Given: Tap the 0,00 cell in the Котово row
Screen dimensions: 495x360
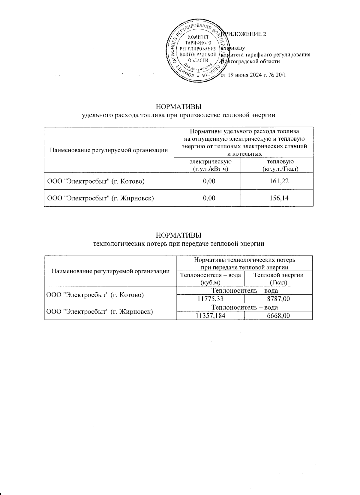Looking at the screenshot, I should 207,181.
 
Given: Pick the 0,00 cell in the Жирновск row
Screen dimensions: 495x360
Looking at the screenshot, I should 207,198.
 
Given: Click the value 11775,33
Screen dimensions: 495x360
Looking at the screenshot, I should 211,298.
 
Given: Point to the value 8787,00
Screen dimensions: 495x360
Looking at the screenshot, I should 278,298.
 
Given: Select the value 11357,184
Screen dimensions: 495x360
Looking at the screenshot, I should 211,316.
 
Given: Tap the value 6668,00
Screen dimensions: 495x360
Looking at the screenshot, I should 278,316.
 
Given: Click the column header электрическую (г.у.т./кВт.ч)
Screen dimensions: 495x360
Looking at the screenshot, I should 207,165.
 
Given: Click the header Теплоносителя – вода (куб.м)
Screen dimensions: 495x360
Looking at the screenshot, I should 211,278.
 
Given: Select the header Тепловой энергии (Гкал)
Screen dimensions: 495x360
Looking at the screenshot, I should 278,278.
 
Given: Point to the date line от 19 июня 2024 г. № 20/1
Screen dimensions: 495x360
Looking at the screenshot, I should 253,75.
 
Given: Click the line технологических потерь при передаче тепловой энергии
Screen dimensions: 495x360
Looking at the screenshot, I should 179,243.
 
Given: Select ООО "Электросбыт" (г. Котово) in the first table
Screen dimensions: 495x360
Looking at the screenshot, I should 96,181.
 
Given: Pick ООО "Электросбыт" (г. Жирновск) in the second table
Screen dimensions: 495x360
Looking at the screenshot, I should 99,311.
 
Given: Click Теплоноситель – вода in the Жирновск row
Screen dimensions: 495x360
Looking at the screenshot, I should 244,307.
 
